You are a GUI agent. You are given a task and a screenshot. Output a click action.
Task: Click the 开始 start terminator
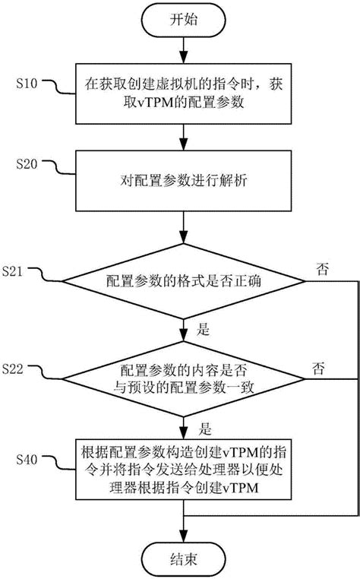pos(183,21)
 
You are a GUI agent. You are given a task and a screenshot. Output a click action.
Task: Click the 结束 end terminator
pos(183,558)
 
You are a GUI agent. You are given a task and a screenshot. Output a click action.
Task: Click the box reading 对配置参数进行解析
pos(183,182)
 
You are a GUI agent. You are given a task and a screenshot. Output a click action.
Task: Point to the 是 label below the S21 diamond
pos(202,331)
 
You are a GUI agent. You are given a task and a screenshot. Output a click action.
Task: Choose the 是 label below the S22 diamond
pos(202,427)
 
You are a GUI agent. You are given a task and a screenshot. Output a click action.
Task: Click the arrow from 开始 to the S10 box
pos(183,51)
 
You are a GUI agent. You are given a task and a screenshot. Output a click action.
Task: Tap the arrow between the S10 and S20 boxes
pos(183,135)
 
